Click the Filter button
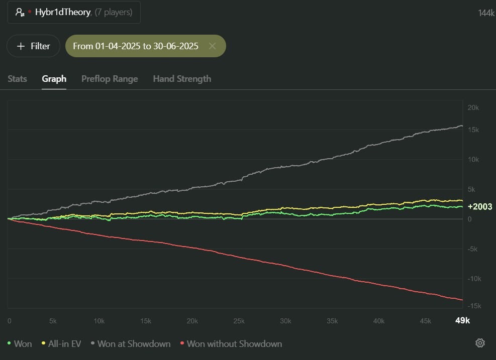(33, 46)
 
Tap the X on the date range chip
(212, 46)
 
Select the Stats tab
(18, 79)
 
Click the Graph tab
(54, 79)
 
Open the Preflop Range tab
(110, 79)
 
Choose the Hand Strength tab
(182, 79)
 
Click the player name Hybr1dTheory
(63, 12)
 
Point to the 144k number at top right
(486, 13)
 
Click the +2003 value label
(480, 207)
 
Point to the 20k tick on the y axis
(473, 108)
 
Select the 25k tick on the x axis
(239, 321)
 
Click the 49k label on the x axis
(462, 321)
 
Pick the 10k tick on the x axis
(100, 321)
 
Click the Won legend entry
(20, 344)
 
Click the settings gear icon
(480, 343)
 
